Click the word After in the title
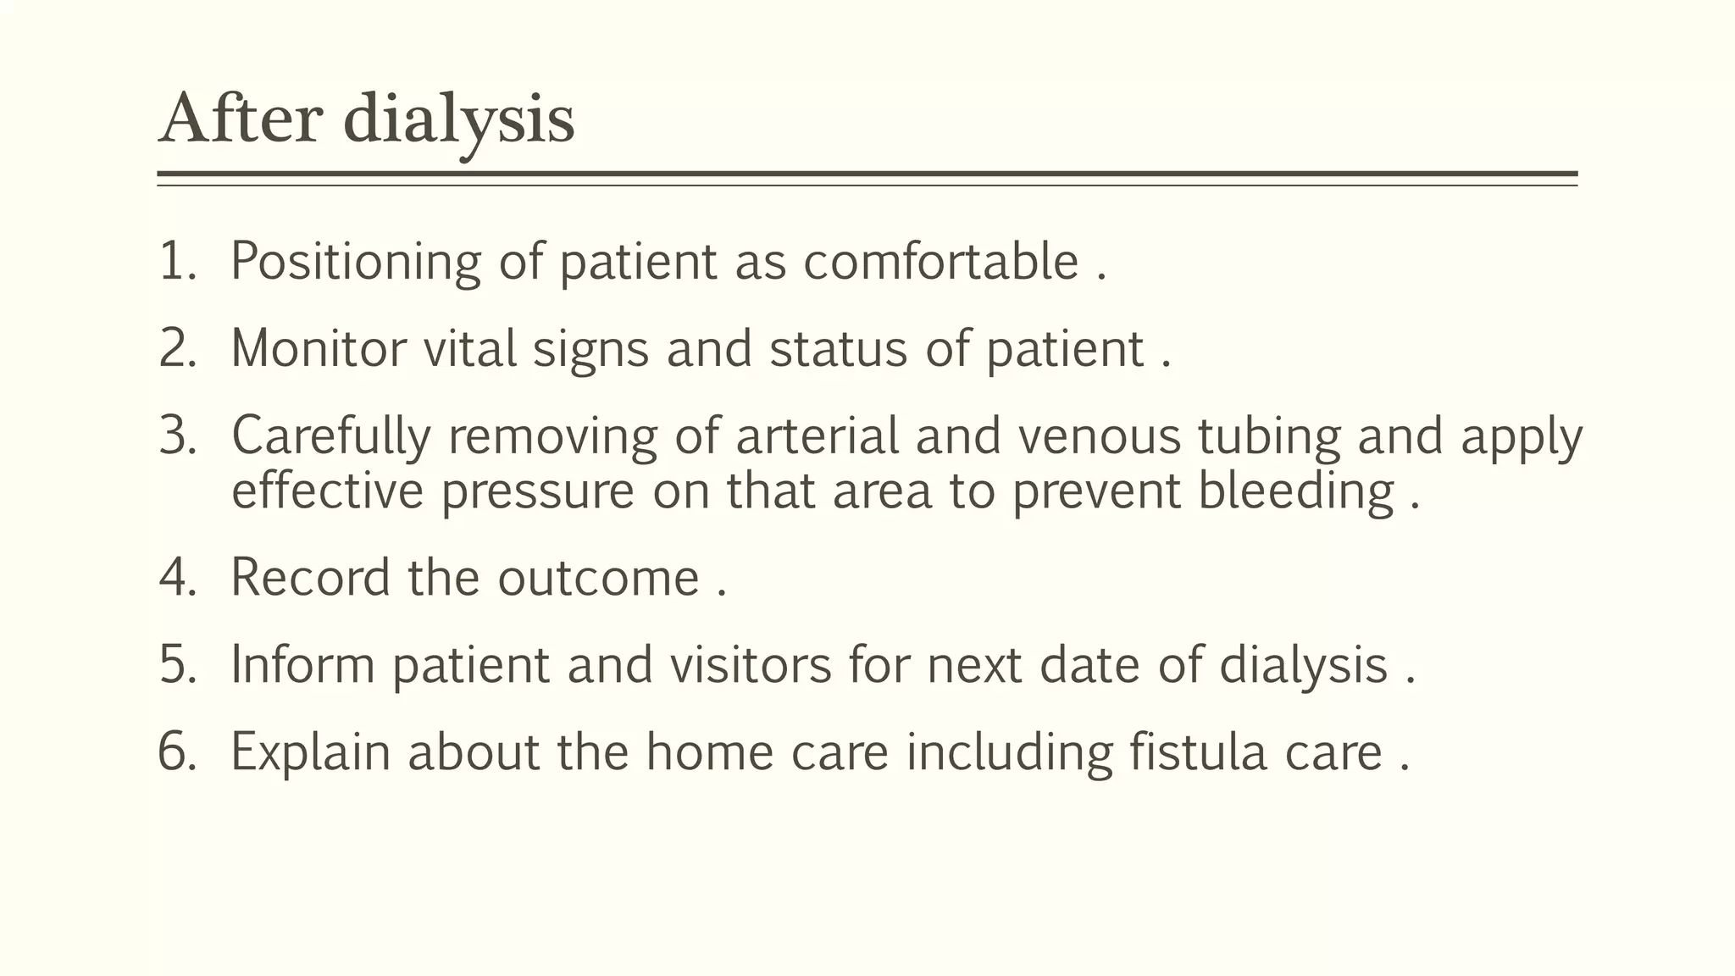241,119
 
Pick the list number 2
177,348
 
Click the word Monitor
319,348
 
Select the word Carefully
330,436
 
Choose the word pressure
537,491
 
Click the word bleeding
1295,491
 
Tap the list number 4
177,578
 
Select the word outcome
598,578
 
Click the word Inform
302,664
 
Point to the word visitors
751,664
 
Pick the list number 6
177,751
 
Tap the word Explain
310,751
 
